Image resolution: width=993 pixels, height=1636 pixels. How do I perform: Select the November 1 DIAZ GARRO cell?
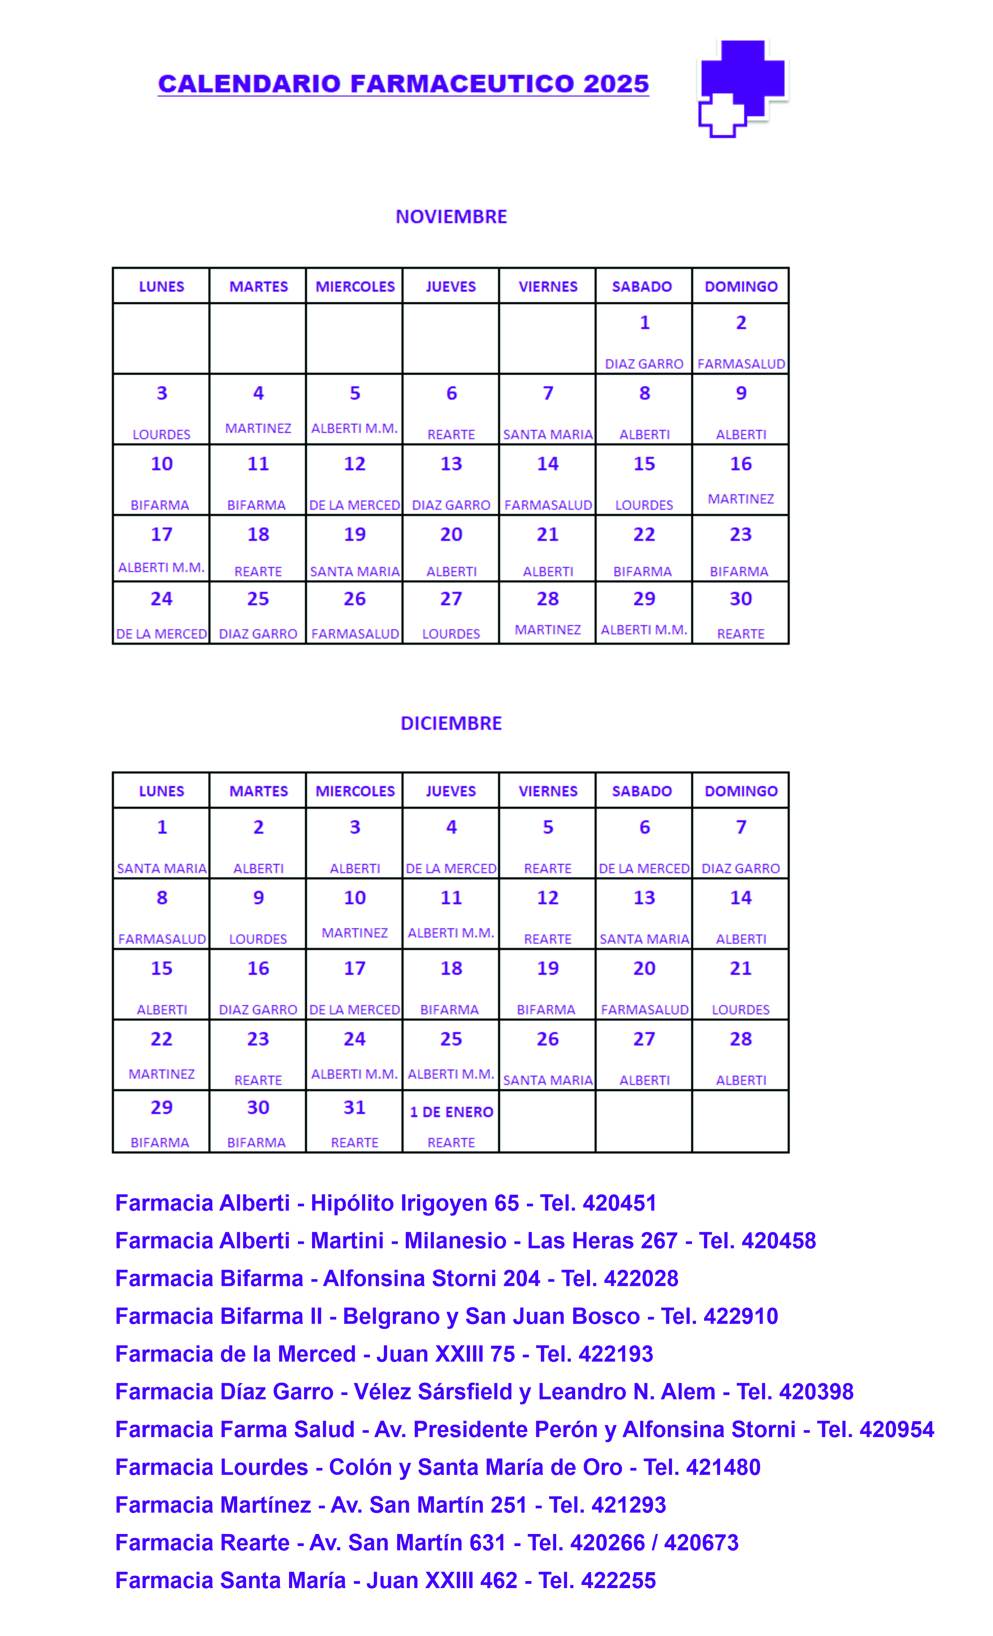coord(643,339)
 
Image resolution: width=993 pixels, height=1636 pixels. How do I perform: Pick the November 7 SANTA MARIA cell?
coord(547,410)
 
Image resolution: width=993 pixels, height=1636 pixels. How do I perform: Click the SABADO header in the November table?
coord(641,287)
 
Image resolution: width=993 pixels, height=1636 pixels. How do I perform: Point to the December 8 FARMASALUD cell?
coord(161,914)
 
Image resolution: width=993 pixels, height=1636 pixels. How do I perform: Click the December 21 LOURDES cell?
coord(740,984)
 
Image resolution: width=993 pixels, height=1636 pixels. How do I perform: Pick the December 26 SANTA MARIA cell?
coord(547,1055)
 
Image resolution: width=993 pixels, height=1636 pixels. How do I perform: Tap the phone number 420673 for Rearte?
coord(701,1543)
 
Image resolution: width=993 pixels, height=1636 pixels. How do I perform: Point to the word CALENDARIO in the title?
coord(248,85)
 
